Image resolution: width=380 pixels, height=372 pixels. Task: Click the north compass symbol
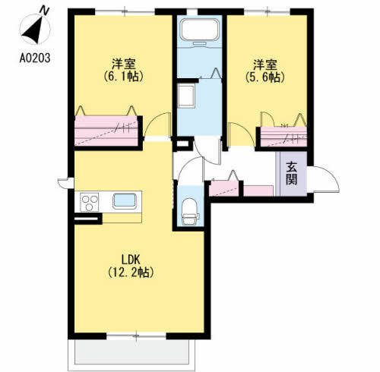(35, 29)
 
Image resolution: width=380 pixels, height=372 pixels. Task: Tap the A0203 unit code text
(35, 58)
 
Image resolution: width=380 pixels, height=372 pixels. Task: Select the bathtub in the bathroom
(199, 30)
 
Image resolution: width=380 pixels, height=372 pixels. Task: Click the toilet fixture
(190, 212)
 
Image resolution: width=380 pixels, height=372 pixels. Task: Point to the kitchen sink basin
(125, 201)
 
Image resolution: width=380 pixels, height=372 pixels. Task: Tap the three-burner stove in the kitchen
(89, 202)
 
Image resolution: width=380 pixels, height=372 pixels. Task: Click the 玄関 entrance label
(292, 173)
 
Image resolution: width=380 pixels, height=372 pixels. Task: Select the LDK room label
(131, 260)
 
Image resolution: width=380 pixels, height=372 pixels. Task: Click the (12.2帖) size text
(131, 273)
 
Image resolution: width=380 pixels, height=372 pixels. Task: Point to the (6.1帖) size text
(124, 76)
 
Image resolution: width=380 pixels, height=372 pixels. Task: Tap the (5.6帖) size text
(265, 77)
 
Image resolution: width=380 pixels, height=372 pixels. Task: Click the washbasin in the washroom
(186, 96)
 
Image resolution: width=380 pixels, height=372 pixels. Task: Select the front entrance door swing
(324, 179)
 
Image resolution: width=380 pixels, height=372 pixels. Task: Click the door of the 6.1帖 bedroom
(157, 124)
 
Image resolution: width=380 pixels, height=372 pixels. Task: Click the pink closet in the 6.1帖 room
(106, 131)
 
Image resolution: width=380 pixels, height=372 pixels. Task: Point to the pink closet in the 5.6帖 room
(283, 137)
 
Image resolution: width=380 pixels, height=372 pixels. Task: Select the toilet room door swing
(190, 169)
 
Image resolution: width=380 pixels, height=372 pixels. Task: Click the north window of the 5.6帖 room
(267, 11)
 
